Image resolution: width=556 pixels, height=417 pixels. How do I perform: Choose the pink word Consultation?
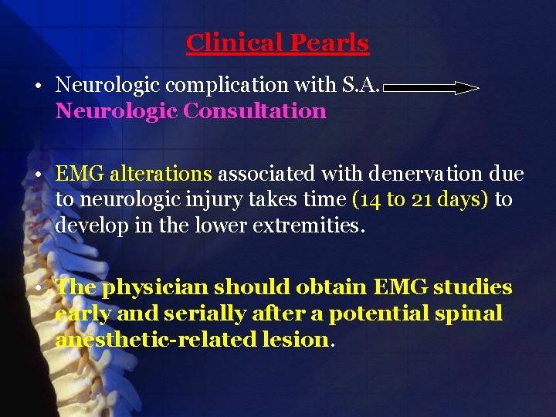(x=255, y=111)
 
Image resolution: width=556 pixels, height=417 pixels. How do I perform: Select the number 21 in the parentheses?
(x=421, y=200)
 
